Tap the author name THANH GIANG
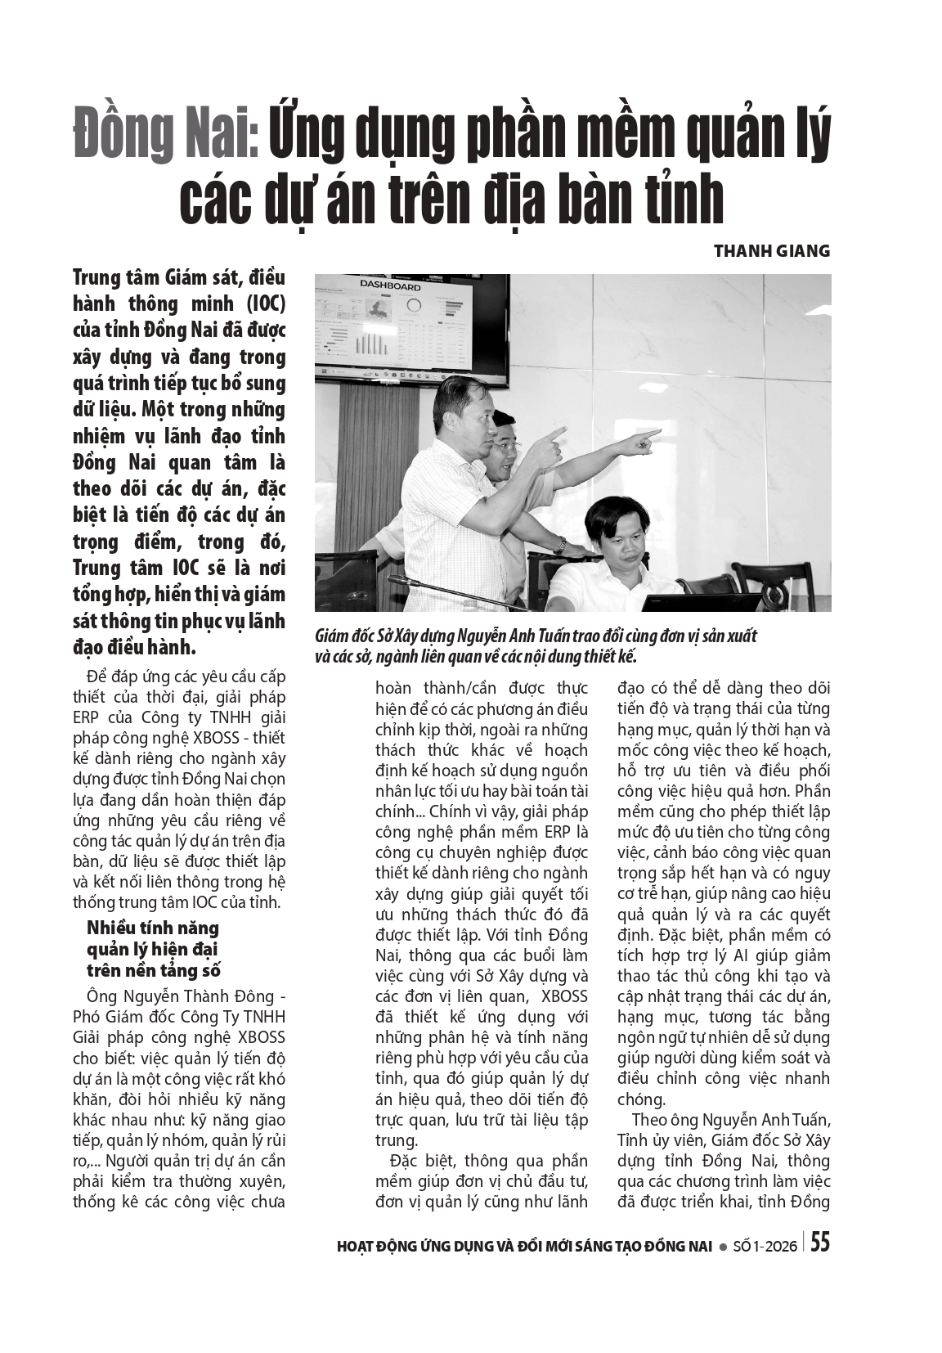pyautogui.click(x=771, y=250)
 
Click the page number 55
pyautogui.click(x=819, y=1243)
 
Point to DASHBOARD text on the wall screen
pyautogui.click(x=390, y=286)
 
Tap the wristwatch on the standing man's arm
pyautogui.click(x=561, y=544)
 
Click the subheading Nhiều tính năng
pyautogui.click(x=153, y=928)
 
